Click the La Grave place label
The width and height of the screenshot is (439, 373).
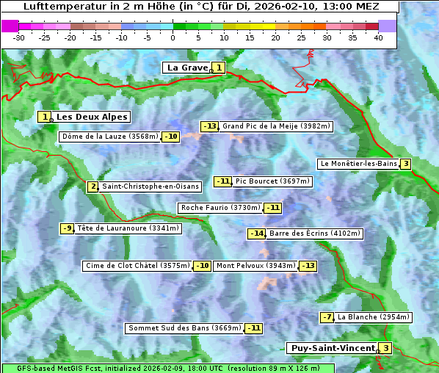[188, 68]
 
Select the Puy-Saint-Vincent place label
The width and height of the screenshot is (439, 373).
[333, 348]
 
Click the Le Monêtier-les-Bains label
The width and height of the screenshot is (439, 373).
[358, 164]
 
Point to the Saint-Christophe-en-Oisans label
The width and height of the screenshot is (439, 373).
[150, 186]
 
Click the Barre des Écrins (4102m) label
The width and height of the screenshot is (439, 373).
[315, 233]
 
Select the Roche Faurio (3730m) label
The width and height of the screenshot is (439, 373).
[220, 208]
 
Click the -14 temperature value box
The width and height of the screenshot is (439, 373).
[256, 233]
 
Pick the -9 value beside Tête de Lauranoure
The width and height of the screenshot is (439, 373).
[68, 228]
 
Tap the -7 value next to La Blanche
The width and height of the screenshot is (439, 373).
[327, 317]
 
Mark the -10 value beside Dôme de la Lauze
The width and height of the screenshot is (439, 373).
[171, 137]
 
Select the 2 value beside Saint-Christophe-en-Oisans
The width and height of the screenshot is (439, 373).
[92, 186]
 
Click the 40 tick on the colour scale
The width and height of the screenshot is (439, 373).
[378, 37]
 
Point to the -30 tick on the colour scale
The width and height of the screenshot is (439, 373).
[19, 37]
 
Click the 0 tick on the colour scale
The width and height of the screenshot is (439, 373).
[173, 37]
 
